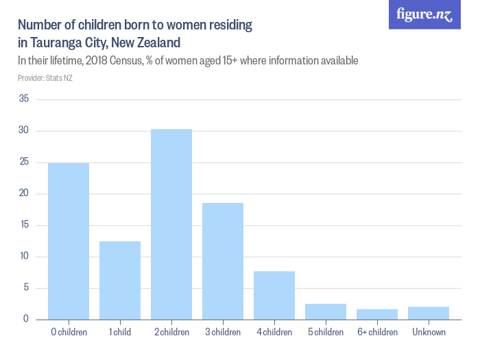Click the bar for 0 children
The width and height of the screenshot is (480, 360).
(x=69, y=241)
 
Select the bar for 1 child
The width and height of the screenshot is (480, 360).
(x=120, y=280)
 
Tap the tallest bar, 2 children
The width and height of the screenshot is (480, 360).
(x=171, y=224)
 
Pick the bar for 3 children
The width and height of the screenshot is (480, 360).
(x=223, y=261)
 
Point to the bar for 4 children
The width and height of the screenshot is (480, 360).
(x=274, y=295)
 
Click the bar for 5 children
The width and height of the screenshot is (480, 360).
(x=326, y=311)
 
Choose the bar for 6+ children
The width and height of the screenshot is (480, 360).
(x=377, y=314)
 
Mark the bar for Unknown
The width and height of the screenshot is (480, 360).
(x=429, y=313)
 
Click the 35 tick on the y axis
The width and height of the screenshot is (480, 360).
(x=23, y=99)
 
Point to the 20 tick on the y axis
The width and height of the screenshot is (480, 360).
(x=23, y=193)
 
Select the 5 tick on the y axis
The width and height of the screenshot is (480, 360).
(x=26, y=288)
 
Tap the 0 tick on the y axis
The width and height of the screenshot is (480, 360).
(x=26, y=319)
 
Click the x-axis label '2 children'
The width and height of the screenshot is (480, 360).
(x=171, y=333)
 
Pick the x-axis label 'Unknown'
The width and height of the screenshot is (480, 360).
(x=429, y=333)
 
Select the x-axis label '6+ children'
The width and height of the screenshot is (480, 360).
(x=377, y=333)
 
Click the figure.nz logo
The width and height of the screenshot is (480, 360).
(x=424, y=15)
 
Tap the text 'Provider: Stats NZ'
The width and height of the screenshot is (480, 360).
(x=45, y=78)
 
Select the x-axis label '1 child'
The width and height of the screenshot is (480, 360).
(x=120, y=333)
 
